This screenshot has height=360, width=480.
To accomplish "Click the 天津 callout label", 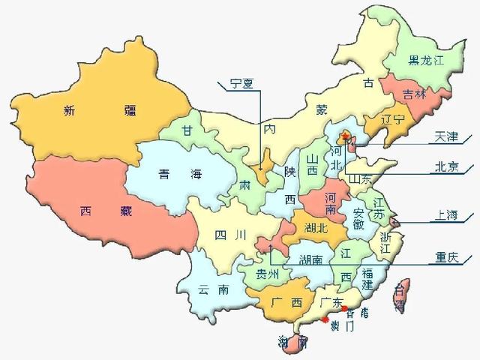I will pos(446,137).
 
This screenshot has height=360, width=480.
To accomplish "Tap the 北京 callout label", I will pos(446,167).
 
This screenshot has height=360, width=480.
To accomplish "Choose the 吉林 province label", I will pos(414,94).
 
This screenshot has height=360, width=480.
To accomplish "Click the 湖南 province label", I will pos(311,260).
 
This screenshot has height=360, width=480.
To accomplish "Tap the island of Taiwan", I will pos(402,296).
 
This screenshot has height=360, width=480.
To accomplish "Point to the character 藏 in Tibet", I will pos(125,211).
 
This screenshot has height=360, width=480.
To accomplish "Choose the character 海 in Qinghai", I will pos(196,175).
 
